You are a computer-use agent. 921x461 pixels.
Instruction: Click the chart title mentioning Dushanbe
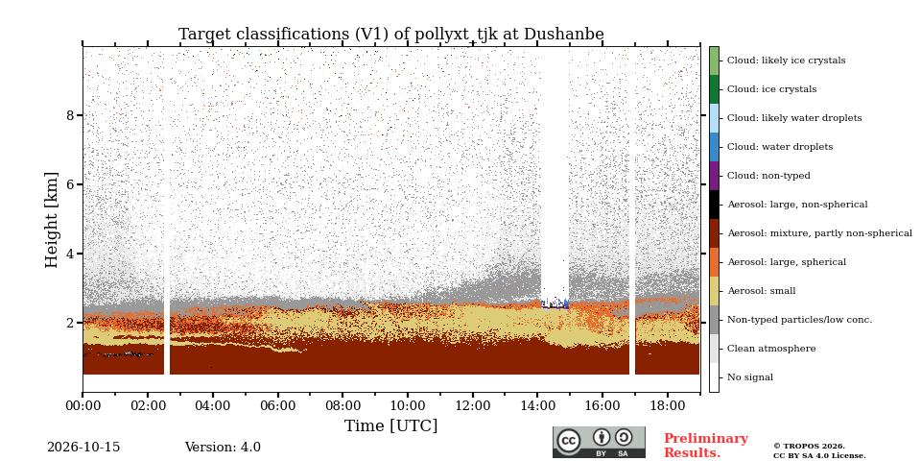(x=390, y=35)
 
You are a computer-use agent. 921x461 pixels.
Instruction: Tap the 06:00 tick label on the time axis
(x=278, y=405)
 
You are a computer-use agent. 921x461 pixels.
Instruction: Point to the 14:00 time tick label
(x=538, y=405)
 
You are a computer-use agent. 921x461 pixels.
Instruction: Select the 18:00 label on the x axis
(x=668, y=405)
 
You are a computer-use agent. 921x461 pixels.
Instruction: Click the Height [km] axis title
(x=52, y=220)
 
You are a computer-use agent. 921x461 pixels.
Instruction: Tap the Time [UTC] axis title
(x=390, y=425)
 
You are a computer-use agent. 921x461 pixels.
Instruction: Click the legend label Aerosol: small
(x=761, y=291)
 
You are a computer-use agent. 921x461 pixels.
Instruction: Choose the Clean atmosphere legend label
(x=771, y=349)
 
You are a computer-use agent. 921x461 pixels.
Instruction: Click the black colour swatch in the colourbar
(x=714, y=205)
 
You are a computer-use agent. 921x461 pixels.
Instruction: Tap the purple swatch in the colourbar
(x=714, y=176)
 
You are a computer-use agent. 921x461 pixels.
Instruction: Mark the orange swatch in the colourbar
(x=714, y=262)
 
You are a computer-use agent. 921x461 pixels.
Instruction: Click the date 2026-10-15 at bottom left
(x=83, y=448)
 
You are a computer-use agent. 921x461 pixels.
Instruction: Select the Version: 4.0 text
(x=223, y=448)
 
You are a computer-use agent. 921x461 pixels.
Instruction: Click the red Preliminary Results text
(x=706, y=446)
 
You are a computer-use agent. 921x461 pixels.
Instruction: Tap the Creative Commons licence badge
(x=599, y=442)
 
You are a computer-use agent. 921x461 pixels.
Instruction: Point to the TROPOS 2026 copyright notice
(x=819, y=451)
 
